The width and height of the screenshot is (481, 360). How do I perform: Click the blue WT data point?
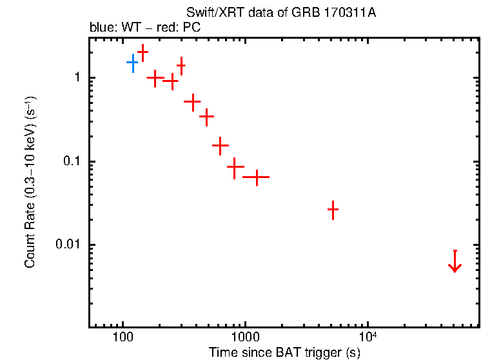pos(133,63)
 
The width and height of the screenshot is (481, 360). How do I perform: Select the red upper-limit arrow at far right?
pos(455,261)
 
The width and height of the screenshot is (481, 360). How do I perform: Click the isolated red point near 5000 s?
pos(333,210)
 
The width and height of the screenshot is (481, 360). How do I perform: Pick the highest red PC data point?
pos(142,52)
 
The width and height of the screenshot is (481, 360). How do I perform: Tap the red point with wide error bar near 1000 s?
pos(256,176)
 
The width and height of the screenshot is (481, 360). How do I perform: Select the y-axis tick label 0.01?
pos(68,245)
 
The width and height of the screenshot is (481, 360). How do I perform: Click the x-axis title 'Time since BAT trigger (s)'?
pos(284,353)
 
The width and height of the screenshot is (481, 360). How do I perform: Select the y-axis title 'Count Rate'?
pos(30,183)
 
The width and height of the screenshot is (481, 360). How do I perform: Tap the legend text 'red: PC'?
pos(164,28)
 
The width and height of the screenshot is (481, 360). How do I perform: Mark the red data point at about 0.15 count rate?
pos(221,146)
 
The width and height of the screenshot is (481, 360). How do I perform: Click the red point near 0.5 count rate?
pos(192,101)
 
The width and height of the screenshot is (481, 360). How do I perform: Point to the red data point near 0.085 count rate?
pos(235,167)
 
